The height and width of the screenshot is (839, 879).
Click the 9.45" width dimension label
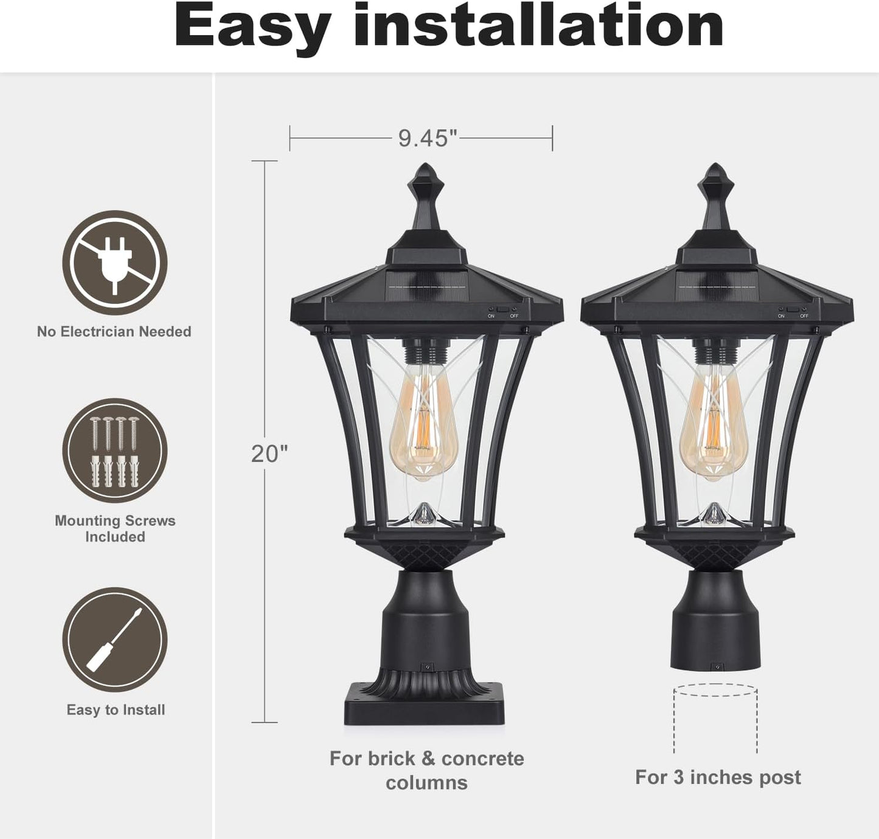[427, 138]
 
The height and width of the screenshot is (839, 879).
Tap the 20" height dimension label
[269, 454]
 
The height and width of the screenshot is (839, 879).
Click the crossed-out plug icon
[115, 263]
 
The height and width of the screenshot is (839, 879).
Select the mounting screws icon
[115, 451]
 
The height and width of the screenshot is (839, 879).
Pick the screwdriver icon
[115, 640]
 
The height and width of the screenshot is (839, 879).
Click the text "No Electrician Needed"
[114, 331]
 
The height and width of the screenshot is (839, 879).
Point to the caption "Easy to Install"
[116, 710]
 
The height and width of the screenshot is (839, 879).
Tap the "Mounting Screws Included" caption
[115, 529]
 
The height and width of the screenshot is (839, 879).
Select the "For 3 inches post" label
[718, 778]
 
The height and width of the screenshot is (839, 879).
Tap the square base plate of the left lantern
[424, 706]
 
